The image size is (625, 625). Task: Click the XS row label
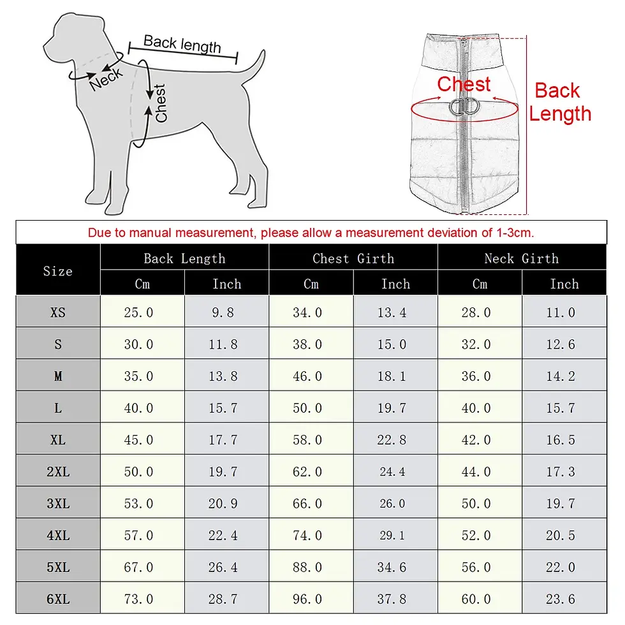coord(58,312)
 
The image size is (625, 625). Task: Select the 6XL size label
coord(58,599)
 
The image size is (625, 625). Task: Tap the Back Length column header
coord(184,258)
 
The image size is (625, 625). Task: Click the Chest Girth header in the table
coord(353,258)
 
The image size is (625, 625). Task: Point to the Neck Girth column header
coord(521,258)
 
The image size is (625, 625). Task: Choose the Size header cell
coord(58,271)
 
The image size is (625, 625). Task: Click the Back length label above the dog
coord(182,44)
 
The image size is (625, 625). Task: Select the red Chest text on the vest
coord(464,84)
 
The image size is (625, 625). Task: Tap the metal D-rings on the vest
coord(464,107)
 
